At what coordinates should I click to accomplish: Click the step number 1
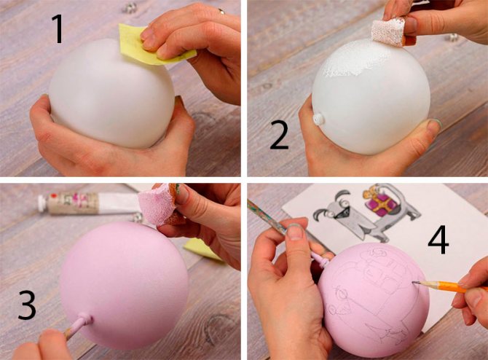click(x=58, y=29)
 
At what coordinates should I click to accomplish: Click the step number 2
click(x=279, y=135)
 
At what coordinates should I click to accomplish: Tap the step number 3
click(x=27, y=305)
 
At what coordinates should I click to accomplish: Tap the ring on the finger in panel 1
click(x=221, y=11)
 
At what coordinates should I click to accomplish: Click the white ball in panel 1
click(x=111, y=93)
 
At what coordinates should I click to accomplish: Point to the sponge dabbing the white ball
click(x=388, y=31)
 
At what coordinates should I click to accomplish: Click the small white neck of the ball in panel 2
click(x=318, y=120)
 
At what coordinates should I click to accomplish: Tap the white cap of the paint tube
click(x=43, y=203)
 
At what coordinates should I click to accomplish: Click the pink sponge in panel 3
click(x=159, y=204)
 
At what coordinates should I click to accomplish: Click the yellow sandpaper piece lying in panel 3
click(x=202, y=249)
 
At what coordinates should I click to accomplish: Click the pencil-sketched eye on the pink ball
click(x=342, y=293)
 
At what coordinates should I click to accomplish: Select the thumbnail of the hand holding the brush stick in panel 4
click(x=295, y=232)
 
